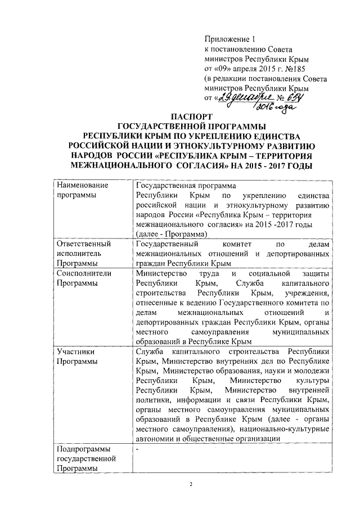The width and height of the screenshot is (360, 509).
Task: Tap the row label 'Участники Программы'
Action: [x=76, y=356]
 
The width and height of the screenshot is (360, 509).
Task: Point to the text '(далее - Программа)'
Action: [x=172, y=234]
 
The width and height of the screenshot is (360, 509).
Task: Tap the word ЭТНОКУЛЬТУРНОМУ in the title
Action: [x=204, y=145]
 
